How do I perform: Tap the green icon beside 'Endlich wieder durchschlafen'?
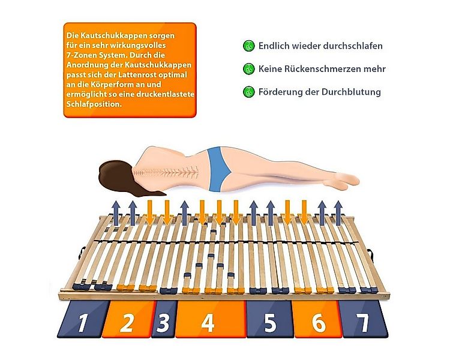[x=248, y=46]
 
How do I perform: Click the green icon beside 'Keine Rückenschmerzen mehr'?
[x=248, y=69]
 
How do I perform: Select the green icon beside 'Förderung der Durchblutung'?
[x=248, y=92]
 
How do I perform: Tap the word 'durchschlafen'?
[x=354, y=46]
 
